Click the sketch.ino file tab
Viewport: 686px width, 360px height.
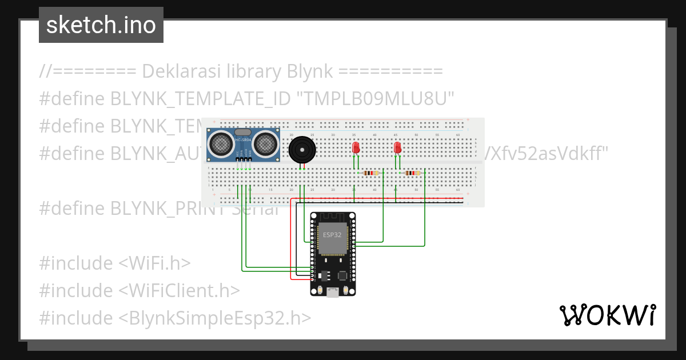coord(101,25)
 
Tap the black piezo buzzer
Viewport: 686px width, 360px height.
coord(302,150)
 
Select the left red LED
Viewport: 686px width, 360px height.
coord(356,147)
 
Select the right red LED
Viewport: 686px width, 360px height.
coord(398,147)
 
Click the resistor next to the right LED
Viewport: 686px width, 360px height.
coord(412,173)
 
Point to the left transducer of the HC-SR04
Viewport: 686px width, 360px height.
coord(220,145)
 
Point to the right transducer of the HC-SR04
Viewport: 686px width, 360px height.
coord(266,145)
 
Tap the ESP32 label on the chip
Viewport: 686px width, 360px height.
coord(332,235)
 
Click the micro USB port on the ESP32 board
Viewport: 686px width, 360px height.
coord(332,293)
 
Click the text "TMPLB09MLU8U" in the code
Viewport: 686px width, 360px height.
coord(376,99)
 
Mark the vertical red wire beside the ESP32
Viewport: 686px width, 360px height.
coord(291,240)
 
